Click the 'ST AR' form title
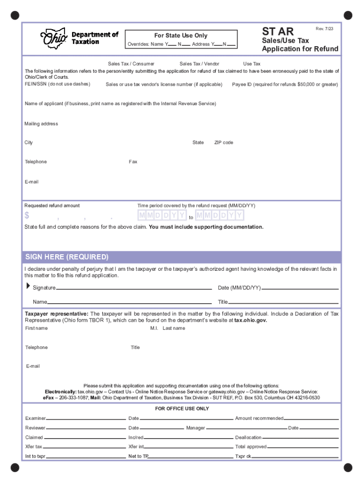278,32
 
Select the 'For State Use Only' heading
181,36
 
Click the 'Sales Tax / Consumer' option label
131,64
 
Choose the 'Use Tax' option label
252,64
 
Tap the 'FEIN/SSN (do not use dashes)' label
58,84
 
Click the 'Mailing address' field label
41,124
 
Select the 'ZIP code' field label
223,142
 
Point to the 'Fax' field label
133,162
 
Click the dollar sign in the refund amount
27,216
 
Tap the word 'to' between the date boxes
191,218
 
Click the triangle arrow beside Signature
27,286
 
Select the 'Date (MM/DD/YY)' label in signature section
239,288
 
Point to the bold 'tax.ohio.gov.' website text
251,320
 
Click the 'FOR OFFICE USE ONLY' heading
182,408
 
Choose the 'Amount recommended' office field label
259,418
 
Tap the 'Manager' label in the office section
196,428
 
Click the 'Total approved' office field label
251,447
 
